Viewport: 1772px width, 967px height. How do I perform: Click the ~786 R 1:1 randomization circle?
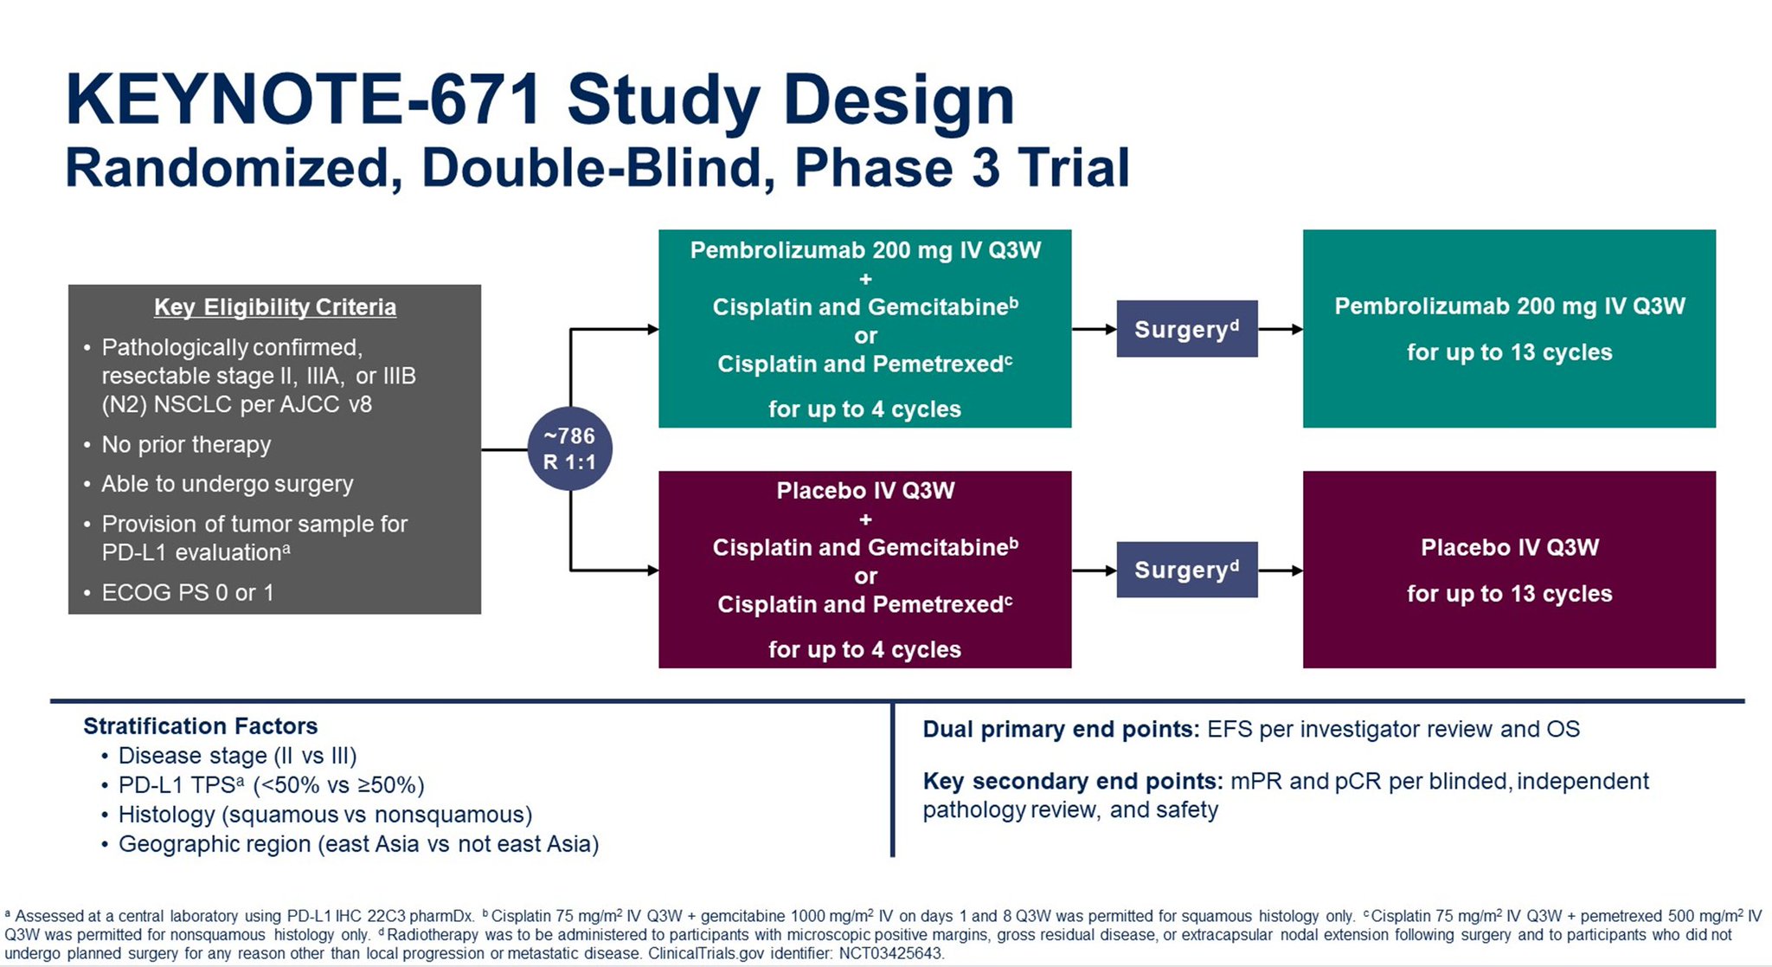pos(569,448)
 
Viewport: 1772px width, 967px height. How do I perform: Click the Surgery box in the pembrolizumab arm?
pos(1186,329)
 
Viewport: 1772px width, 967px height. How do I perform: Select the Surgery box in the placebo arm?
pos(1186,570)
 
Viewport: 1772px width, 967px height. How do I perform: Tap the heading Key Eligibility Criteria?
pos(274,307)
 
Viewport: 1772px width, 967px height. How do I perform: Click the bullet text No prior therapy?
pos(186,444)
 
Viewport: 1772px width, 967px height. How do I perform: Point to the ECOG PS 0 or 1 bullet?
pos(187,592)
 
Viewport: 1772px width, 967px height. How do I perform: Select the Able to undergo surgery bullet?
pos(227,484)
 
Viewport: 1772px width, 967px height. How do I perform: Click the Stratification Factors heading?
pos(200,725)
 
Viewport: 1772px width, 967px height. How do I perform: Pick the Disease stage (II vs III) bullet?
pos(237,756)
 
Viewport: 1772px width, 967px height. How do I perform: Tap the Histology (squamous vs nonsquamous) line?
pos(324,815)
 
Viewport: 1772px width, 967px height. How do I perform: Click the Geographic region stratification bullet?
pos(358,844)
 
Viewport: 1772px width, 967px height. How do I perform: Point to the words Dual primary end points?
pos(1060,729)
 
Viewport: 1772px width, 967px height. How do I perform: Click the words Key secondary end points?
pos(1072,781)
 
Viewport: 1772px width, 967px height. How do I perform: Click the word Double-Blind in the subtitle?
pos(598,168)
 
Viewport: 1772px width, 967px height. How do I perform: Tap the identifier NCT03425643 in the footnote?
pos(891,953)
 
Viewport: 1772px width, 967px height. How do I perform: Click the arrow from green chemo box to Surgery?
pos(1094,329)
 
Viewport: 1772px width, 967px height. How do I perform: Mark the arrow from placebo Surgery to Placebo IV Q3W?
pos(1280,571)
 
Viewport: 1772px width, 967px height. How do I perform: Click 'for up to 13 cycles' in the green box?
pos(1509,352)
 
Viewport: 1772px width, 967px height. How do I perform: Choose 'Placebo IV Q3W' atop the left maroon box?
pos(865,491)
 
